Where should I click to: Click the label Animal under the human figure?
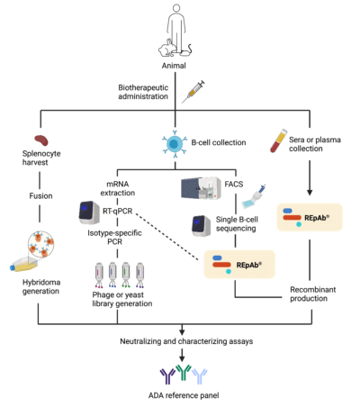click(179, 67)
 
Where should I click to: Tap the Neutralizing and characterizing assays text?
click(179, 342)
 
